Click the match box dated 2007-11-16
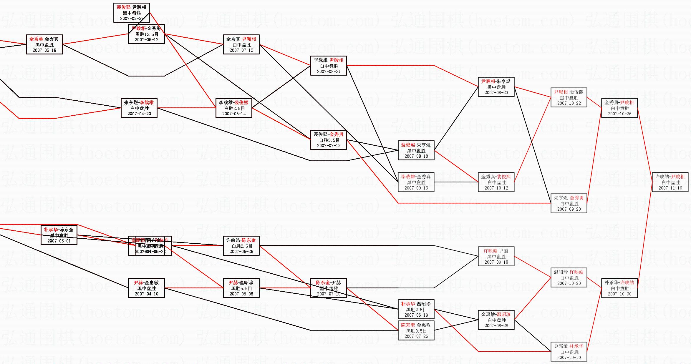click(670, 182)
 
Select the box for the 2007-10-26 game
click(619, 108)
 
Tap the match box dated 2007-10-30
click(619, 288)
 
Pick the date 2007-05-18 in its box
click(44, 50)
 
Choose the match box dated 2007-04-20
click(139, 108)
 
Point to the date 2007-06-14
click(234, 114)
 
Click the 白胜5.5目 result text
click(329, 140)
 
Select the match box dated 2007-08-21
click(329, 66)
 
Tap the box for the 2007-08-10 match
click(416, 150)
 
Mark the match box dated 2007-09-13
click(416, 182)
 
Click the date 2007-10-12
click(496, 188)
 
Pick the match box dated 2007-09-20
click(569, 203)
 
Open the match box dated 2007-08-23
click(496, 87)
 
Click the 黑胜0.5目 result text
click(416, 331)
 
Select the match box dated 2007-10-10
click(569, 352)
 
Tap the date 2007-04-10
click(146, 294)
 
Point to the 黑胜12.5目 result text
click(147, 34)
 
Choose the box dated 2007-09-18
click(496, 256)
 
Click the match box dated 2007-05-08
click(241, 288)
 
